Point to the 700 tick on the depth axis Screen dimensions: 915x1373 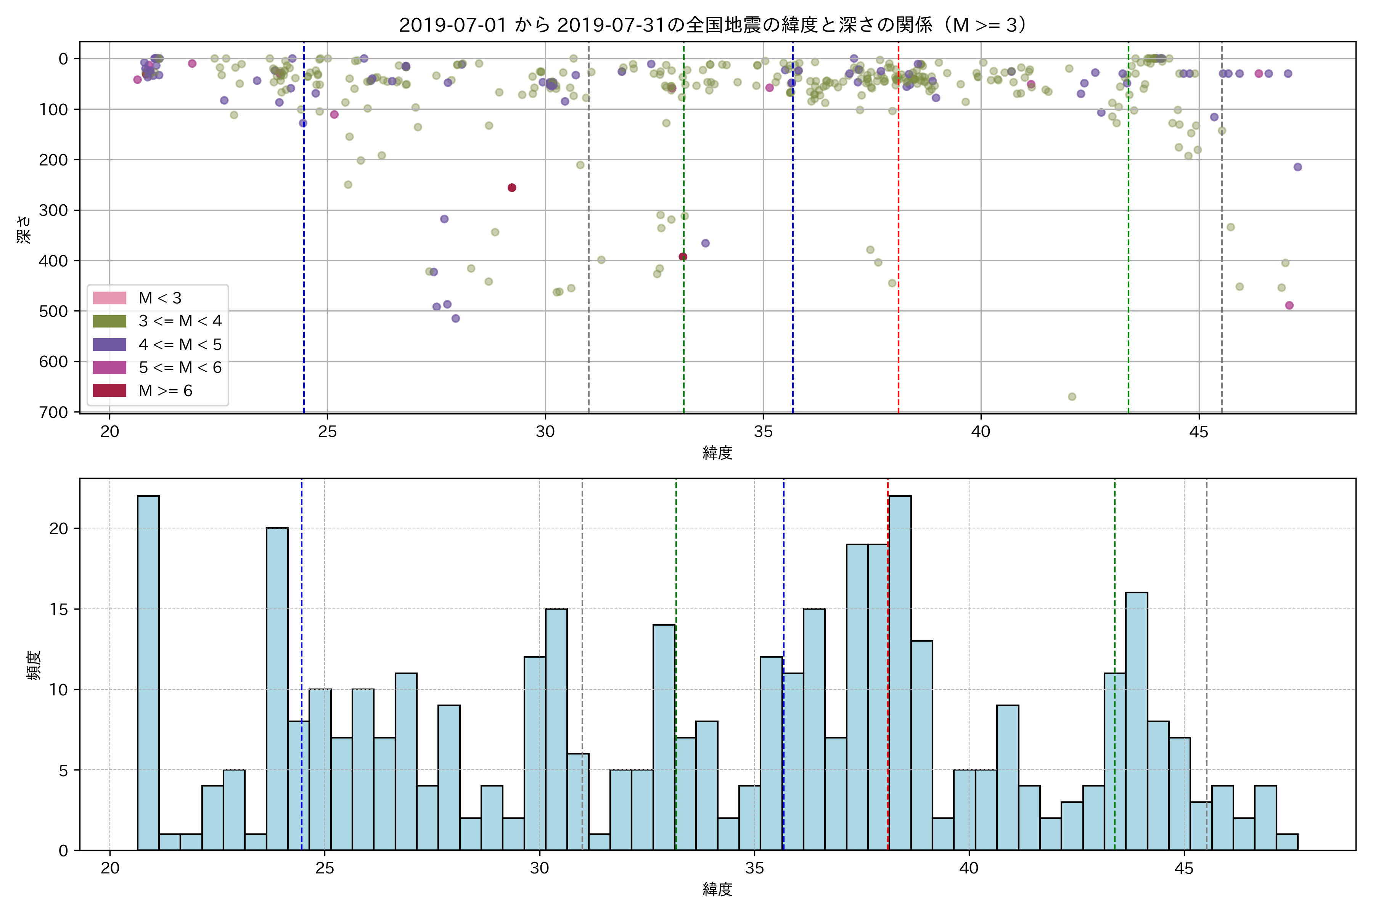[x=54, y=412]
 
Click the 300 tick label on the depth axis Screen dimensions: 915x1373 [x=54, y=210]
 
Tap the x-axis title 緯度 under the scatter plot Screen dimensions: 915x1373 [x=717, y=452]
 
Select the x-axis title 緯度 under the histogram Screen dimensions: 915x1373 [x=717, y=889]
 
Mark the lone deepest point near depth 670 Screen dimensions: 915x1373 [x=1072, y=397]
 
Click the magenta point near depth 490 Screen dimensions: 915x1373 [x=1289, y=305]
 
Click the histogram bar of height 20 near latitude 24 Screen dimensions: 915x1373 [x=277, y=689]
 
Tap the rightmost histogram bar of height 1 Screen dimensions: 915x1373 [x=1286, y=842]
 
